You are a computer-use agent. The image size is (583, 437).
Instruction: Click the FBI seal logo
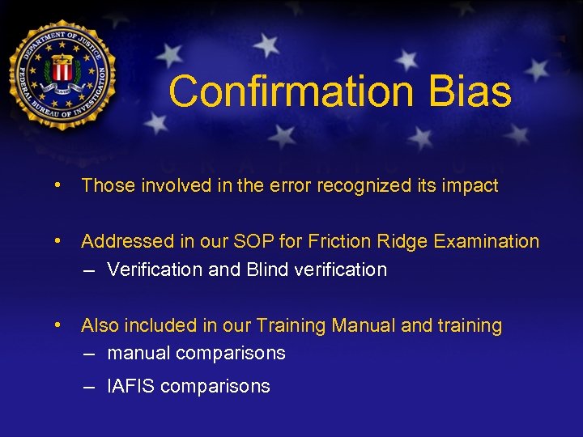pos(64,75)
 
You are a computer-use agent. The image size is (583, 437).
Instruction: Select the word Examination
pos(487,241)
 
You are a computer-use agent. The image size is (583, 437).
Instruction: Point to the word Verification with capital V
pos(155,269)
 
